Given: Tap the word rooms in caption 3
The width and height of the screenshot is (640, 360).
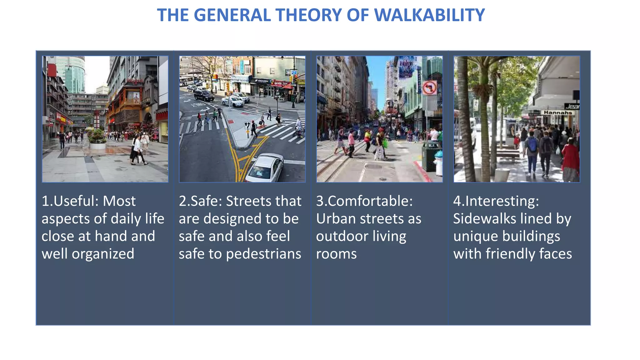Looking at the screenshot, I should click(x=336, y=254).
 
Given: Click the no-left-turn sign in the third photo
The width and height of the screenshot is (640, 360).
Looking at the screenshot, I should click(x=430, y=88).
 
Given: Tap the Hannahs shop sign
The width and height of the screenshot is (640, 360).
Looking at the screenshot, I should click(x=558, y=112).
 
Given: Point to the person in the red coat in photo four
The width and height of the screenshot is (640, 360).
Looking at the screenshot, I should click(x=571, y=159).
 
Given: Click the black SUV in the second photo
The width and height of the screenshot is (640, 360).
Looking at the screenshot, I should click(x=203, y=95).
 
